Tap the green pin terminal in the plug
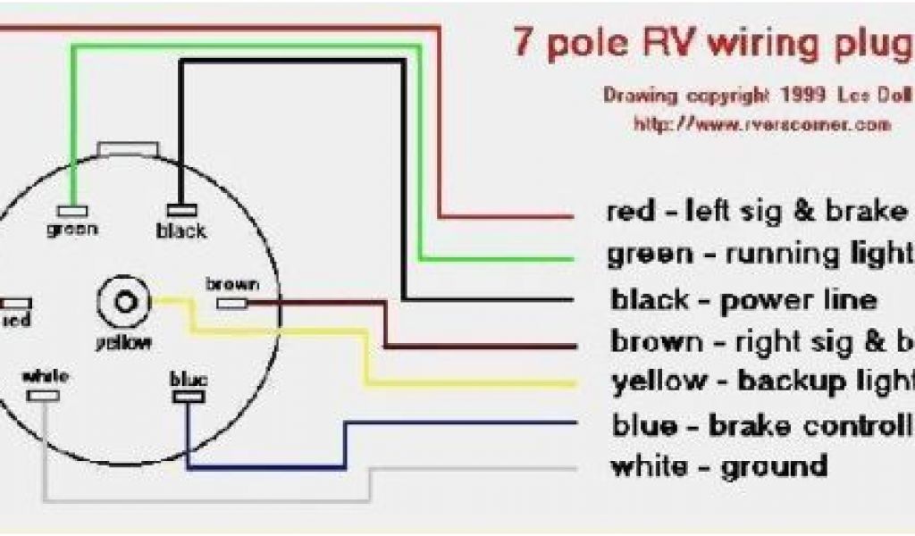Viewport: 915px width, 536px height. point(72,211)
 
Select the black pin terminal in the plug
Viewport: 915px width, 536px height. point(181,211)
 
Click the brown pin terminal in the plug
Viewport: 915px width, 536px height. point(232,304)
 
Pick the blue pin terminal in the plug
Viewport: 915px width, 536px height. point(188,395)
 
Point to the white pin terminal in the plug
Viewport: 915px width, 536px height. point(46,394)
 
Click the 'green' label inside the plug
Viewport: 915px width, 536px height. point(72,229)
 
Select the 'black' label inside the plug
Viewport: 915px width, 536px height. point(181,231)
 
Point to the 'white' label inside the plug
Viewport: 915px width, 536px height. point(46,375)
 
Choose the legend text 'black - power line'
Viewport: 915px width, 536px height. point(743,299)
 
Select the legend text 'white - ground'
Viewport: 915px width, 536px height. point(718,466)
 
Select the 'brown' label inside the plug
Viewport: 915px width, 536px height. point(232,286)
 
